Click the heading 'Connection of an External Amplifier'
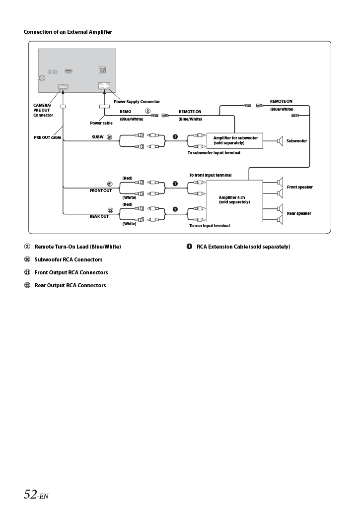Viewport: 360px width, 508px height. coord(68,32)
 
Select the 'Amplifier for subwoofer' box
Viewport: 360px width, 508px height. coord(235,140)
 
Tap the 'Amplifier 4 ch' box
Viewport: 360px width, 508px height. coord(234,200)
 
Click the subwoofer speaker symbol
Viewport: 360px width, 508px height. coord(280,141)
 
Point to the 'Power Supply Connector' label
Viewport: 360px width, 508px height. coord(137,102)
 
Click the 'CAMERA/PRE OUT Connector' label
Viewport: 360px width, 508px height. coord(43,110)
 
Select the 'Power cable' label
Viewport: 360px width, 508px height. coord(101,123)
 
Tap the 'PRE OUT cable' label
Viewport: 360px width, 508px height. coord(48,137)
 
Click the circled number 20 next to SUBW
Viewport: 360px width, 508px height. coord(109,137)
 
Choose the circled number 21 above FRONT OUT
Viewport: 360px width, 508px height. coord(110,184)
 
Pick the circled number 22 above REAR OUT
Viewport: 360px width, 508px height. coord(110,210)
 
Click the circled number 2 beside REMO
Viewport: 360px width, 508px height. coord(147,111)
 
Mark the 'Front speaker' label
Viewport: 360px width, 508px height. coord(299,187)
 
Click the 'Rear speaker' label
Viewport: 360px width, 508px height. coord(299,213)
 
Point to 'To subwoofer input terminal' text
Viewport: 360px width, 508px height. coord(214,153)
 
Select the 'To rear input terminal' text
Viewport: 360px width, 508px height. coord(209,226)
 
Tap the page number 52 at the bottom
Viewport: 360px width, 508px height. coord(31,494)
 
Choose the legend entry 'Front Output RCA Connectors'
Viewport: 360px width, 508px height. coord(71,272)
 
